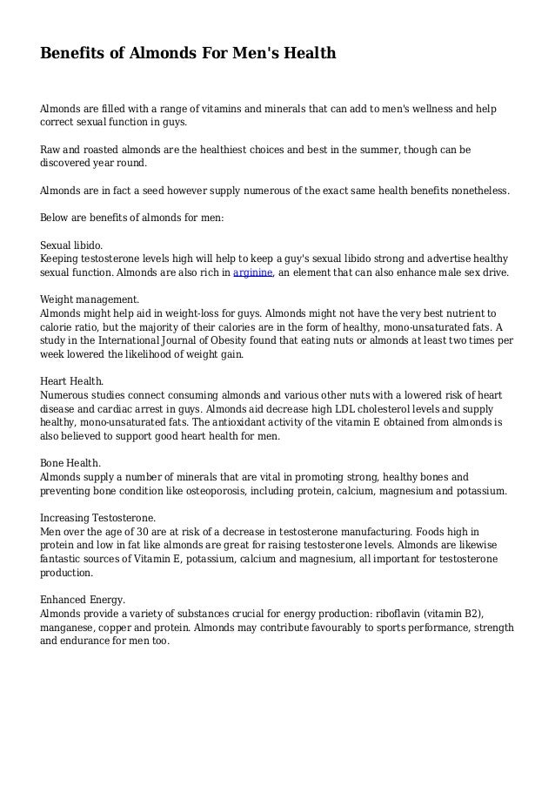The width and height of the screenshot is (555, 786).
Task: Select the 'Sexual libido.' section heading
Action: (x=77, y=245)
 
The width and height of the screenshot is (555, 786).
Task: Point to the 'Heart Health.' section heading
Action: (x=73, y=381)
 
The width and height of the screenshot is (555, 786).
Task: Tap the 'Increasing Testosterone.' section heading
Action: (x=98, y=517)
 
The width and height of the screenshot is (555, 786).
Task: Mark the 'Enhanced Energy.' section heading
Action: (x=84, y=600)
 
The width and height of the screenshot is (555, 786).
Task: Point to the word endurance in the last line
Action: (x=88, y=642)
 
